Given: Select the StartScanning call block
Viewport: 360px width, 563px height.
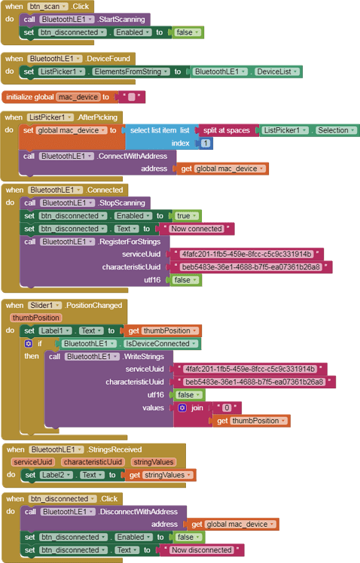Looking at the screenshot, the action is (x=85, y=20).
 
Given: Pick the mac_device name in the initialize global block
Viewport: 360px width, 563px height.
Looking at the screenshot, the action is (x=78, y=97).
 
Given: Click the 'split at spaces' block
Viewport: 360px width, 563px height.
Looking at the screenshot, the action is (x=227, y=130).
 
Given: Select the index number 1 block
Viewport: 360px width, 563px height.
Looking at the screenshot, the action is (x=205, y=143).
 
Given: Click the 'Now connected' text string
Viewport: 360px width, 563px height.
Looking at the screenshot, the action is (x=197, y=229).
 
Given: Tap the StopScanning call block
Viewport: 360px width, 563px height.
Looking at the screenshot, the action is (x=85, y=203).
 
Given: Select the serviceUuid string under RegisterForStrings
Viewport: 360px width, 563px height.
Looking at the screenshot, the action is (x=246, y=254).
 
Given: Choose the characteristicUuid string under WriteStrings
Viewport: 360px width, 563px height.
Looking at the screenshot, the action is (x=255, y=382).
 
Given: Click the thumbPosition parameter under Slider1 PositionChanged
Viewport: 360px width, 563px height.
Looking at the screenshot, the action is (x=36, y=318).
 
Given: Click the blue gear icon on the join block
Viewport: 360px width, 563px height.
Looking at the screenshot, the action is (x=182, y=407).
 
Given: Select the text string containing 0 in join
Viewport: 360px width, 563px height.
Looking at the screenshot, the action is (x=227, y=407).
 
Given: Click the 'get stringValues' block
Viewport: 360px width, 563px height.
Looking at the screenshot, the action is (x=160, y=475).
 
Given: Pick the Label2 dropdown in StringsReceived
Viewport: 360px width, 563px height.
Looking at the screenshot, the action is (x=56, y=475).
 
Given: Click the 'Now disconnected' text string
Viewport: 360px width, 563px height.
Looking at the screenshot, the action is (x=202, y=550).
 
